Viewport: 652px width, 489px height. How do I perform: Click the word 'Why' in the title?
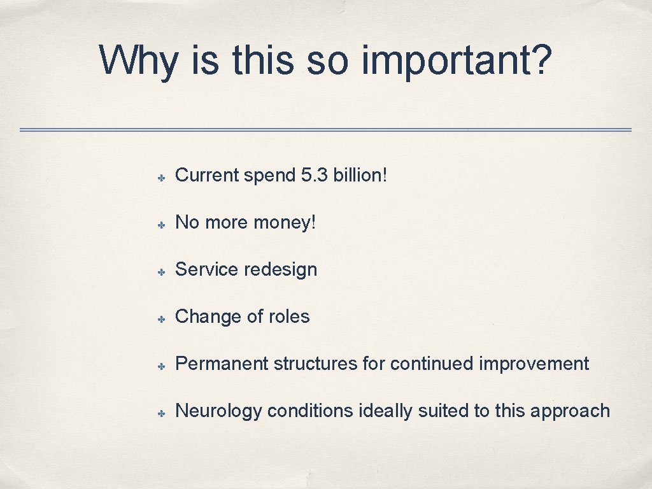coord(139,61)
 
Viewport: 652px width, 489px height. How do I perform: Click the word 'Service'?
coord(206,269)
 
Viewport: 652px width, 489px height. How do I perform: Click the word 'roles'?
coord(288,316)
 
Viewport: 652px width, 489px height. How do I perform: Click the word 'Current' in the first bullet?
coord(206,175)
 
